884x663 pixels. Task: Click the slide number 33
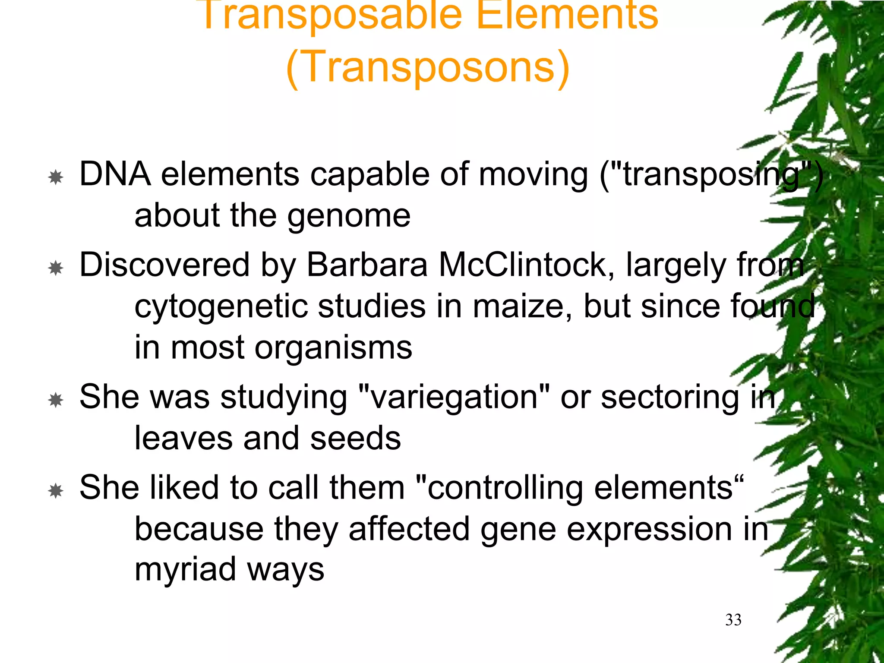(x=733, y=620)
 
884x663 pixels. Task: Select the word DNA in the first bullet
(x=115, y=174)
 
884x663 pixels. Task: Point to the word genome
(x=349, y=216)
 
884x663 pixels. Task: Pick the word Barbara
(x=367, y=265)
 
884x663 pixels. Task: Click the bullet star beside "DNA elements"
(x=56, y=177)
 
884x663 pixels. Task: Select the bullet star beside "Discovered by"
(x=56, y=268)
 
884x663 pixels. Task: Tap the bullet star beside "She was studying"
(x=56, y=400)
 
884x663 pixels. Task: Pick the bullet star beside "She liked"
(x=56, y=491)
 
